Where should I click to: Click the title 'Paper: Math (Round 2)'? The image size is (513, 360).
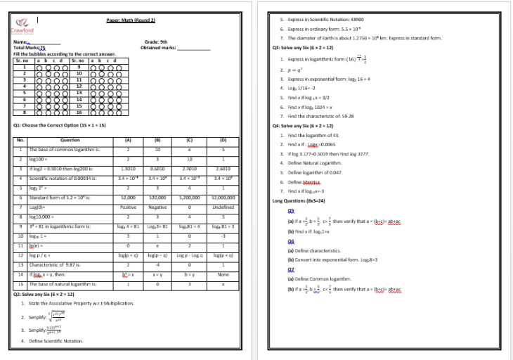point(131,20)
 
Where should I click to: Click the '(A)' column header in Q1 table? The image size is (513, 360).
point(129,140)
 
